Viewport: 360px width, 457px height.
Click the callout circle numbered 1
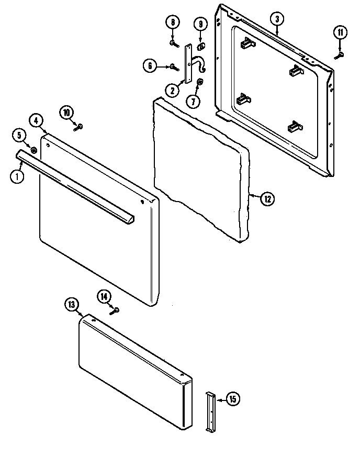[x=17, y=176]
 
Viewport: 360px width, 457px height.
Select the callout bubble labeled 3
[x=277, y=19]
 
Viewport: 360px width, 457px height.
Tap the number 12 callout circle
[x=267, y=198]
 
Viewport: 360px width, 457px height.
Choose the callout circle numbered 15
[x=233, y=399]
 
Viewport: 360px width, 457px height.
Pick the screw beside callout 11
[x=341, y=53]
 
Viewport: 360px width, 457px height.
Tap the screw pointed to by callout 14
[x=115, y=310]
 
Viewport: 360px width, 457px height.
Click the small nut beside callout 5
[x=33, y=151]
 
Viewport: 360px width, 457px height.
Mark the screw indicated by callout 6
[x=174, y=66]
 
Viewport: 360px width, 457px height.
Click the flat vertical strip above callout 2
[x=186, y=63]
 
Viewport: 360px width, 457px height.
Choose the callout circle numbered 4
[x=36, y=120]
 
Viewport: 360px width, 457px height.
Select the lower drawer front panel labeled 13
[x=133, y=372]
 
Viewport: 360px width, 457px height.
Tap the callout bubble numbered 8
[x=172, y=23]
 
